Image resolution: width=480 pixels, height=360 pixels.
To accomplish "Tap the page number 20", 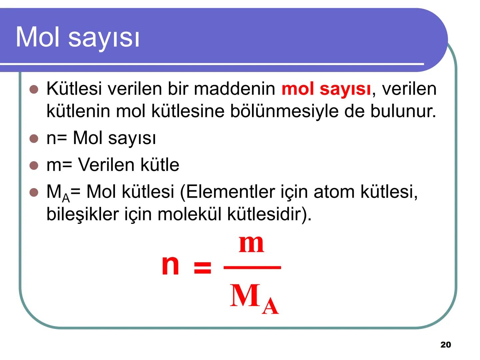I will tap(445, 345).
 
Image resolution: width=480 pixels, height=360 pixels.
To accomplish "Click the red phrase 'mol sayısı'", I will tap(326, 89).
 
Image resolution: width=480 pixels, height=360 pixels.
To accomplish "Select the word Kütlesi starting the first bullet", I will tap(74, 89).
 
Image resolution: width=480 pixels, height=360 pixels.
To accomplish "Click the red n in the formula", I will tap(170, 265).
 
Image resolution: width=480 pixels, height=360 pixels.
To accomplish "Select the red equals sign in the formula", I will tap(202, 267).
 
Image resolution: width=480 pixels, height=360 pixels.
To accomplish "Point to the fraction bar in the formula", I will tap(252, 267).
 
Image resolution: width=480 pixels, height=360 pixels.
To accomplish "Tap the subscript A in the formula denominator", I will tap(270, 306).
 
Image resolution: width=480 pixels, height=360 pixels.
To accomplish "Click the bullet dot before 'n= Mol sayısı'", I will tap(34, 138).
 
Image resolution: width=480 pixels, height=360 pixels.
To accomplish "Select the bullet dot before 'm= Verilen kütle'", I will tap(34, 165).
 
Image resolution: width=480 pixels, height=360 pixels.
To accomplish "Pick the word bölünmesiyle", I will tap(284, 111).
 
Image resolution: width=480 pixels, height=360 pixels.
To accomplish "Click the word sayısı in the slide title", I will tap(104, 37).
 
